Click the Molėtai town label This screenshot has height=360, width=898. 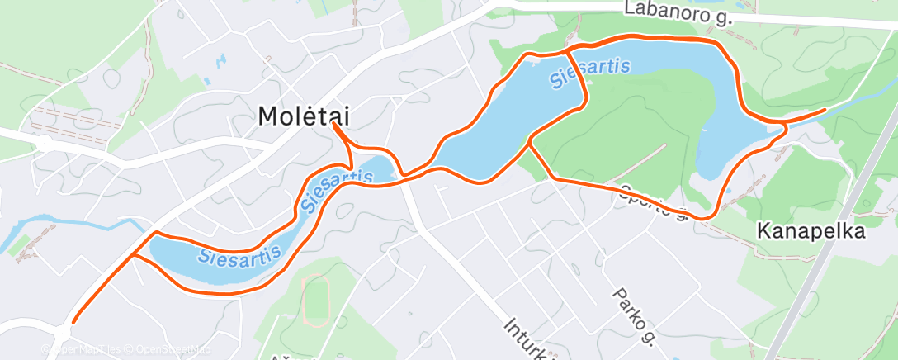[303, 116]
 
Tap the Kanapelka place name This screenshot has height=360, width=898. [811, 232]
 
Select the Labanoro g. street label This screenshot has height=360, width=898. [678, 12]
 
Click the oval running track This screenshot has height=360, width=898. [315, 300]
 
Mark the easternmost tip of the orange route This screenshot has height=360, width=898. [824, 110]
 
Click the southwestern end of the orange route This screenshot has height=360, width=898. [73, 321]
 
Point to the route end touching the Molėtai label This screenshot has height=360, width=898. [334, 126]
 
